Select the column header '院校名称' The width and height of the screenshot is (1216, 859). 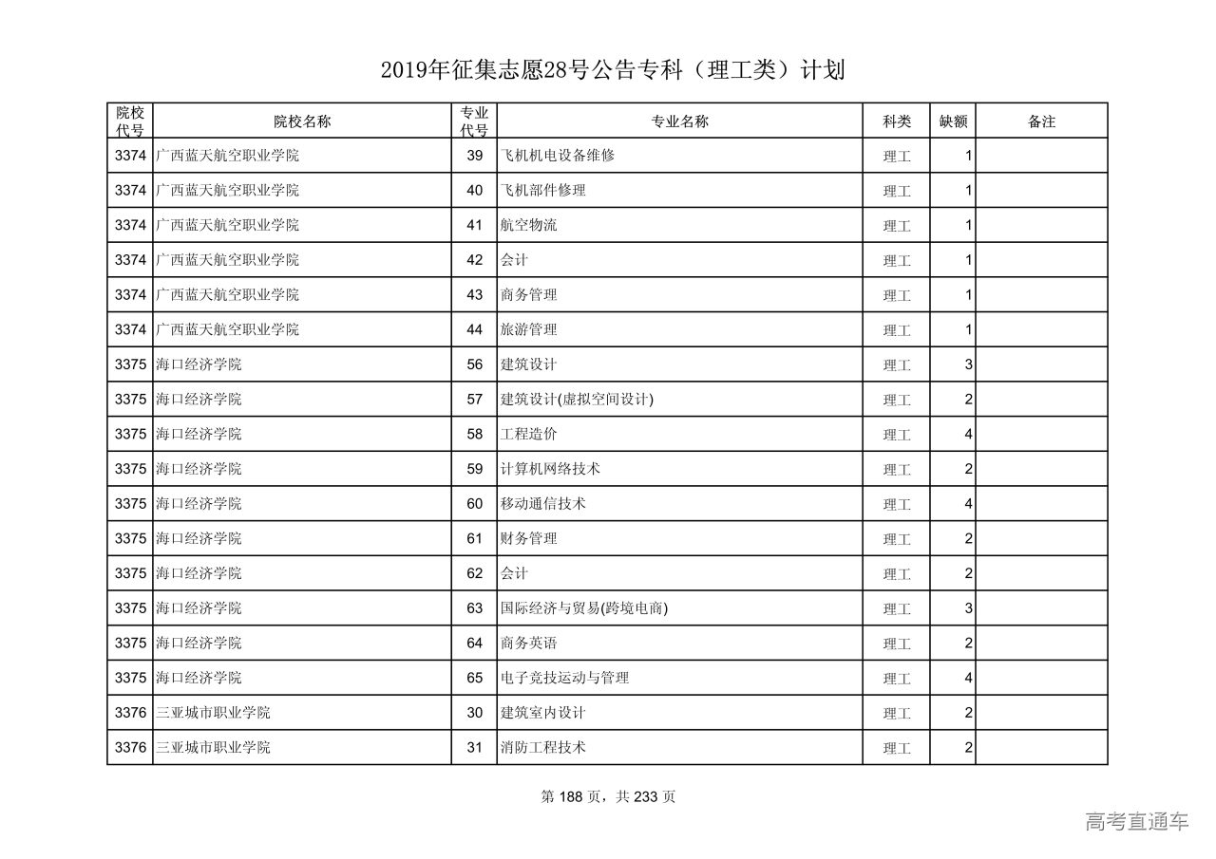pos(302,121)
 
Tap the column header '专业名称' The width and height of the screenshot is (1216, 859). pos(679,121)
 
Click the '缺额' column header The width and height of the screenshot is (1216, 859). pos(953,121)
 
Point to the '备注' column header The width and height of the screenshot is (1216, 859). pos(1041,121)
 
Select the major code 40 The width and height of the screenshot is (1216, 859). pos(475,190)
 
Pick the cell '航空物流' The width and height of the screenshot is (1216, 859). pos(529,225)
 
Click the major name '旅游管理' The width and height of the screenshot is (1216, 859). pos(529,329)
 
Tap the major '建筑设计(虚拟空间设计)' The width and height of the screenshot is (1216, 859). pos(578,400)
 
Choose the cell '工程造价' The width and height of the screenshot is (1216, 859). pos(529,434)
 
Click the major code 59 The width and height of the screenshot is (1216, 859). pos(475,469)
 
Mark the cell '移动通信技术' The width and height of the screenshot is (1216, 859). pos(543,504)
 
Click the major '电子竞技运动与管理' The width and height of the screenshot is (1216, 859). pos(565,678)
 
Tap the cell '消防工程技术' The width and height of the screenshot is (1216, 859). pos(543,748)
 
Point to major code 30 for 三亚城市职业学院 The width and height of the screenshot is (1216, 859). pos(475,713)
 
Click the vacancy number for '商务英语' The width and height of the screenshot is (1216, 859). pos(968,644)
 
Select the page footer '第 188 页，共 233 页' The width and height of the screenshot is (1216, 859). pos(608,797)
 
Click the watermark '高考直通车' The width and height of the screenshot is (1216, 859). pos(1136,822)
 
